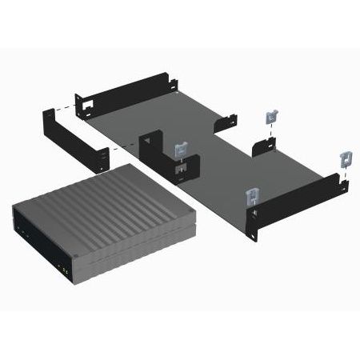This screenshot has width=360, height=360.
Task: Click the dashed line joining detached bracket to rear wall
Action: pos(62,105)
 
